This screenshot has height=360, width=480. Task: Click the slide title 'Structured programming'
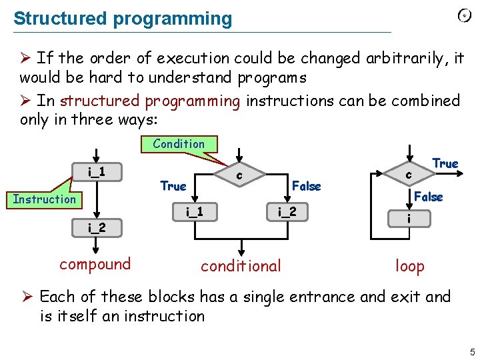(x=123, y=19)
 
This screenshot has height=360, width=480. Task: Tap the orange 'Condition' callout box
(x=179, y=144)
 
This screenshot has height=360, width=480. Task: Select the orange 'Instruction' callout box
(x=45, y=199)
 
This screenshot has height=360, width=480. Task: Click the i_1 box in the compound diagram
(x=97, y=173)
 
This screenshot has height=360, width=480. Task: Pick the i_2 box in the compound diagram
(x=97, y=227)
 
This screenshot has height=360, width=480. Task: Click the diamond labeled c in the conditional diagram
(x=239, y=175)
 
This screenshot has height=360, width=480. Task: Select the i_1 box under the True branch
(x=195, y=213)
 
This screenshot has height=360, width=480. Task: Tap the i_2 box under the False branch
(x=287, y=213)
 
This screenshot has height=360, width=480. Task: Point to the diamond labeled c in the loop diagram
(x=409, y=175)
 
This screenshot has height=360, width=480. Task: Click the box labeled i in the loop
(x=409, y=219)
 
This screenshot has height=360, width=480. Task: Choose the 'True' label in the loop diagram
(x=445, y=163)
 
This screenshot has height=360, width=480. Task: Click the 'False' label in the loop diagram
(x=428, y=197)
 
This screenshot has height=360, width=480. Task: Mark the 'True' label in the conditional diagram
(x=173, y=187)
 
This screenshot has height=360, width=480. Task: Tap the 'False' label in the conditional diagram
(x=307, y=187)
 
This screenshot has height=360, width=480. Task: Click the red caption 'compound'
(x=95, y=264)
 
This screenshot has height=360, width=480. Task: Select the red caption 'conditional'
(x=241, y=266)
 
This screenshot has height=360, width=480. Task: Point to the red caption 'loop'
(x=409, y=266)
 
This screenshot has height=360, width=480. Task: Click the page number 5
(x=471, y=351)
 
